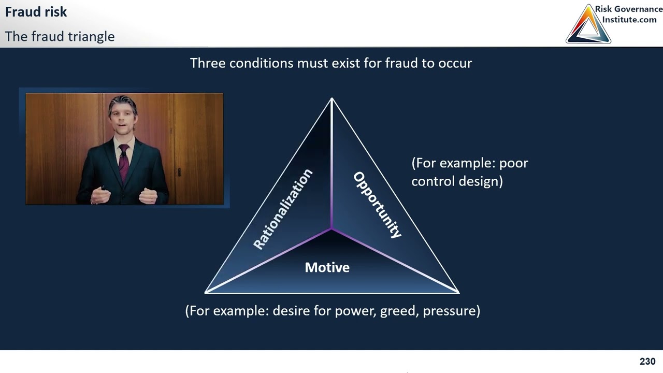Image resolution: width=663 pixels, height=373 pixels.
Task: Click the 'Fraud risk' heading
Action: click(36, 12)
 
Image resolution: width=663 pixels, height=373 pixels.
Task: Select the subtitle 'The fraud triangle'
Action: click(60, 37)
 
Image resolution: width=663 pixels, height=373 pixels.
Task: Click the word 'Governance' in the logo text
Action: click(639, 9)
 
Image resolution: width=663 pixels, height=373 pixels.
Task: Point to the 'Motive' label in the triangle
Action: click(327, 267)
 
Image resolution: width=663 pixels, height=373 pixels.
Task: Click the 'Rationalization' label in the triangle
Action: click(283, 209)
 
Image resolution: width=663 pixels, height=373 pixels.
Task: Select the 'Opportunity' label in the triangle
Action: click(377, 205)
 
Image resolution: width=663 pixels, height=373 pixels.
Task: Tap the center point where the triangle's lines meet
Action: click(331, 228)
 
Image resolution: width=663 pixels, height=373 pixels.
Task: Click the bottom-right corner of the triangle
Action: click(458, 292)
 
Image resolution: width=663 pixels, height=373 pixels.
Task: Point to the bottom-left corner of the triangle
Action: click(207, 292)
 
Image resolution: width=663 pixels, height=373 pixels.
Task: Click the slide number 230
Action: click(647, 362)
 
